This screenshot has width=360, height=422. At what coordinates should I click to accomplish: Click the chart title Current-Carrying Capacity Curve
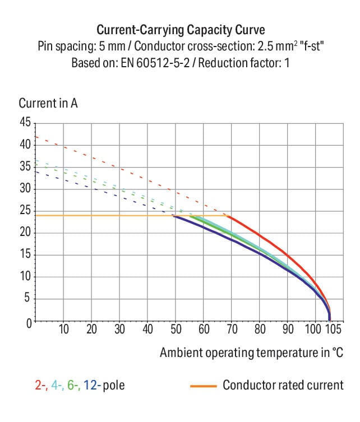181,29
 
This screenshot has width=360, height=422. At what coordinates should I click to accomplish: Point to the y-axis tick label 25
26,211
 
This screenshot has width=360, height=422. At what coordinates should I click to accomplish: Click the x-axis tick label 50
176,330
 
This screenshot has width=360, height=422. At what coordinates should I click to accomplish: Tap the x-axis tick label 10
64,330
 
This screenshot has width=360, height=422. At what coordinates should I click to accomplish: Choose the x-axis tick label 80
260,330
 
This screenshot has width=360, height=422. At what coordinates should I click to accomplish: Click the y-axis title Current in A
48,104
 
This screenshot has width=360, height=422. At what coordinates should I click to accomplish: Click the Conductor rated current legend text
283,386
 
